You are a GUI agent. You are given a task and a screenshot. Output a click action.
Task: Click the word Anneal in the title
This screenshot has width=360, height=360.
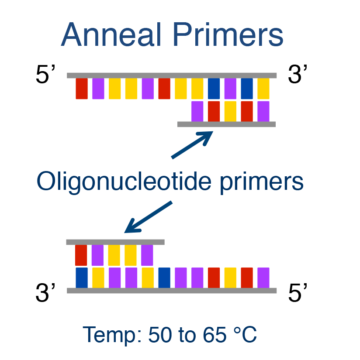(x=111, y=34)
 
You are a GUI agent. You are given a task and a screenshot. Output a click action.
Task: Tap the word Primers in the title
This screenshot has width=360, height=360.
(x=228, y=34)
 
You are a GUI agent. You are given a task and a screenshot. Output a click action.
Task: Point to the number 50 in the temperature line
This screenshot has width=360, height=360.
(x=160, y=335)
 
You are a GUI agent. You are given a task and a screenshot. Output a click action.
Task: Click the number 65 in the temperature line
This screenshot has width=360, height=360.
(x=215, y=335)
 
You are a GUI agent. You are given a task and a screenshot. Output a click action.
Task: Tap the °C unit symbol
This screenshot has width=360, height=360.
(x=245, y=335)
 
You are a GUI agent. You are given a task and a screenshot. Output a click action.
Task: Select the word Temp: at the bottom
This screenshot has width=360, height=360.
(x=112, y=336)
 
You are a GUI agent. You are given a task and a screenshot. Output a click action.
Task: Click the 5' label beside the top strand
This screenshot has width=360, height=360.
(x=45, y=74)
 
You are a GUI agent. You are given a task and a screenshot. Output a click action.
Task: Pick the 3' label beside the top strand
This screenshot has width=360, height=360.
(x=298, y=74)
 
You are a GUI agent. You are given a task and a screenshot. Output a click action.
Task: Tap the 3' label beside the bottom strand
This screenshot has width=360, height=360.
(x=45, y=292)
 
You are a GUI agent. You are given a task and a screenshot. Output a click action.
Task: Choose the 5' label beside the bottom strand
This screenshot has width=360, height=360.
(x=298, y=292)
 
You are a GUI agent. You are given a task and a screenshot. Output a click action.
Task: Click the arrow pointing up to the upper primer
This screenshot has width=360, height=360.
(x=192, y=144)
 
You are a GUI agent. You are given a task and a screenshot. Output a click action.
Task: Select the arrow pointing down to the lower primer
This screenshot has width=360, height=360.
(x=148, y=217)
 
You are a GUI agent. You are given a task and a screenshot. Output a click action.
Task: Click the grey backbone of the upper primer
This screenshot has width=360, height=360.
(x=226, y=124)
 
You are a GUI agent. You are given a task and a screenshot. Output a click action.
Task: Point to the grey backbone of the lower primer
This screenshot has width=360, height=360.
(x=115, y=242)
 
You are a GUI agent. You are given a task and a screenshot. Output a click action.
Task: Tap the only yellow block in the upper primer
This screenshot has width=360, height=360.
(x=230, y=111)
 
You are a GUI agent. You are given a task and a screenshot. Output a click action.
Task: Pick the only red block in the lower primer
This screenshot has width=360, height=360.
(x=81, y=255)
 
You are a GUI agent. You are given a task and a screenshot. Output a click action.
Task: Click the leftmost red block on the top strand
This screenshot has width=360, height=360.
(x=82, y=89)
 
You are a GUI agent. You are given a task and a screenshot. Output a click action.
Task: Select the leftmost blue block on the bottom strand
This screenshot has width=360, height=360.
(x=82, y=278)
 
